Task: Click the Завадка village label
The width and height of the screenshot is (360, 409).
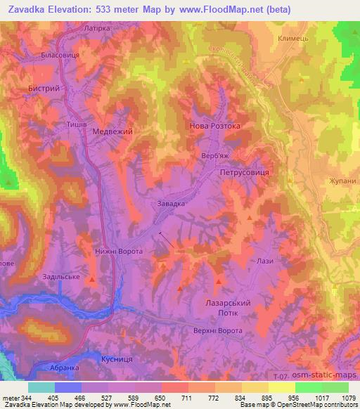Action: coord(170,203)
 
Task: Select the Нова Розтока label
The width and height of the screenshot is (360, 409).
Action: coord(215,126)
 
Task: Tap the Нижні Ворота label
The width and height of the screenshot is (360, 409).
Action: coord(119,251)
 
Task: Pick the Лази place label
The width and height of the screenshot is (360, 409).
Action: coord(265,261)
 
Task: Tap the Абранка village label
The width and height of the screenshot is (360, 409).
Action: coord(74,368)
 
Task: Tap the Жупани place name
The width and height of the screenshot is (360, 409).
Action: coord(343,181)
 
